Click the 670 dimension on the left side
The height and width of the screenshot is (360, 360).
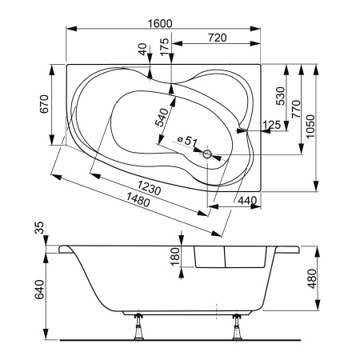coord(45,105)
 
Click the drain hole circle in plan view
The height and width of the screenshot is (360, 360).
coord(209,154)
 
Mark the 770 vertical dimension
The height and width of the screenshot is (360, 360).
coord(295,108)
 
